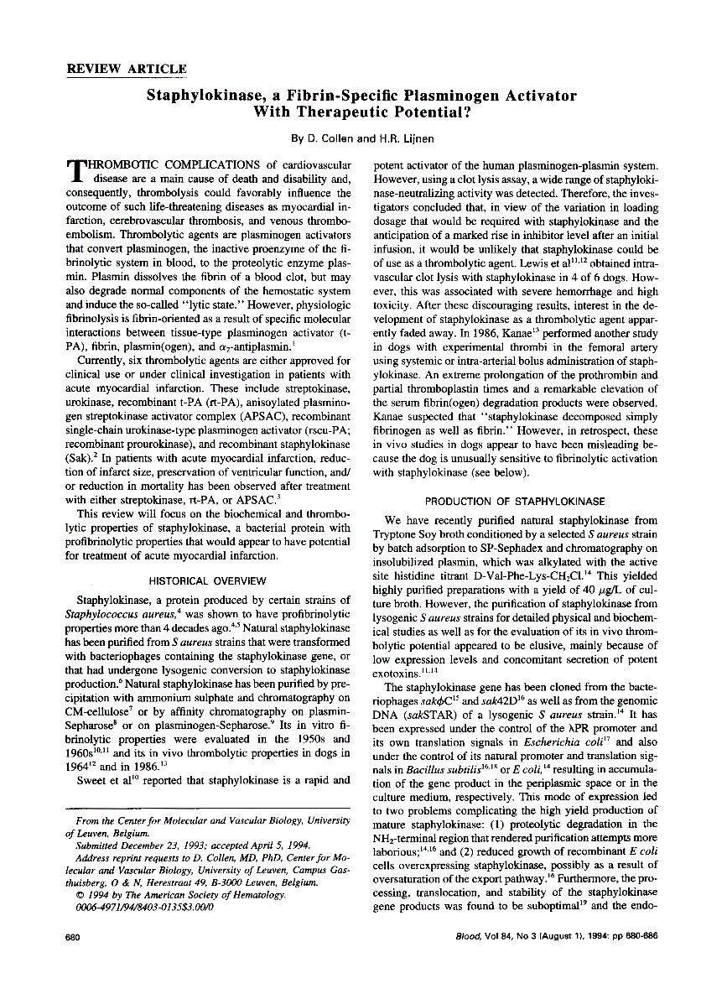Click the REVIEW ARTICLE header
pos(117,69)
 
